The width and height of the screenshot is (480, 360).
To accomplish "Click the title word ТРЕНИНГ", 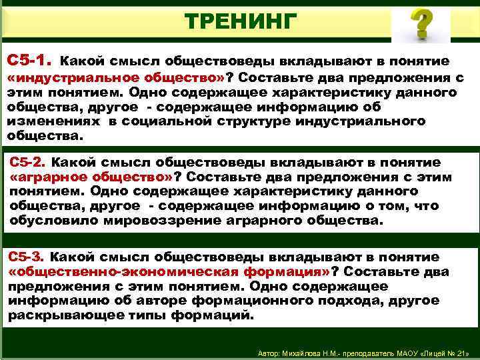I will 239,21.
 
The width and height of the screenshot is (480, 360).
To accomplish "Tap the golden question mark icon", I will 420,24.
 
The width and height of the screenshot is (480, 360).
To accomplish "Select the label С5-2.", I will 28,162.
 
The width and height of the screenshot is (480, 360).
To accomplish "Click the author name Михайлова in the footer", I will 305,352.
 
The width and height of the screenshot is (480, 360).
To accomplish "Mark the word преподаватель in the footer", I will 369,352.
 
